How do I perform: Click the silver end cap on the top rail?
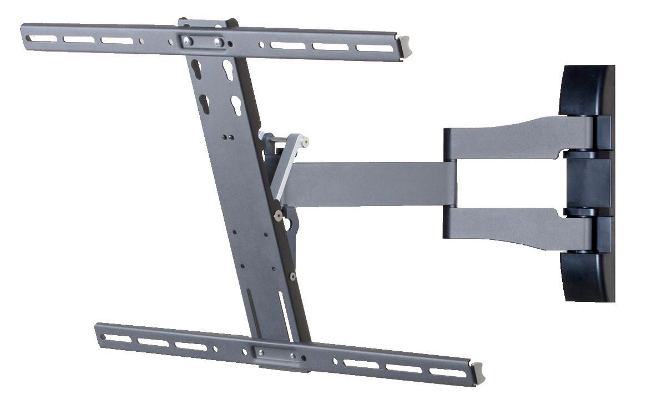(405, 47)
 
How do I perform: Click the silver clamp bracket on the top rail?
(203, 42)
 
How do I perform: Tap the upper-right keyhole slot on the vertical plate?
(228, 70)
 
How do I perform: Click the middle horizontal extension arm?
(372, 184)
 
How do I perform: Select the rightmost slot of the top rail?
(372, 48)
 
